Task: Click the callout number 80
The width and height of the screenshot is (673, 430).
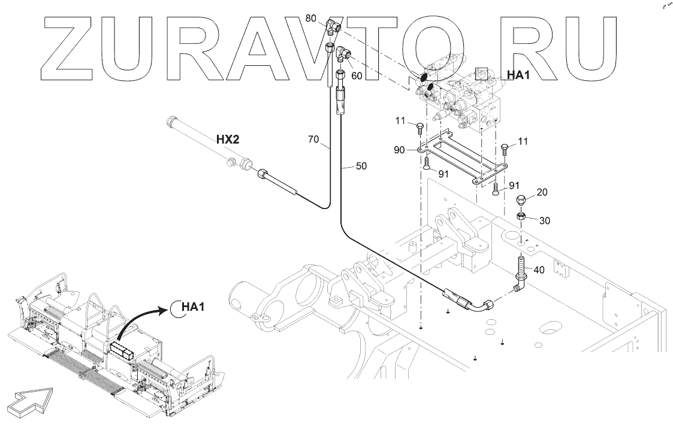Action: pos(310,19)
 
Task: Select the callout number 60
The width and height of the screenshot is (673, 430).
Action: pos(357,76)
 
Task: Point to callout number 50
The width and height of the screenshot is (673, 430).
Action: pos(361,165)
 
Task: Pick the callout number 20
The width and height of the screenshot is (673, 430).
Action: pos(542,192)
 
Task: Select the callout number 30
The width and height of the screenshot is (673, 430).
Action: pos(544,220)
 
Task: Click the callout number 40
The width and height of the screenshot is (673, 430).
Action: pos(539,270)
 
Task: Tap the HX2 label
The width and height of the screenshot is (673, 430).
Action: pos(228,140)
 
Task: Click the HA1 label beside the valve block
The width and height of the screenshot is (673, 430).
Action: pos(518,75)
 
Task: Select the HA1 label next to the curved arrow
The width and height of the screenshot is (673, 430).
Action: pos(194,307)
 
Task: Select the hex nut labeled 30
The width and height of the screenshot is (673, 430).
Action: pos(523,216)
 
